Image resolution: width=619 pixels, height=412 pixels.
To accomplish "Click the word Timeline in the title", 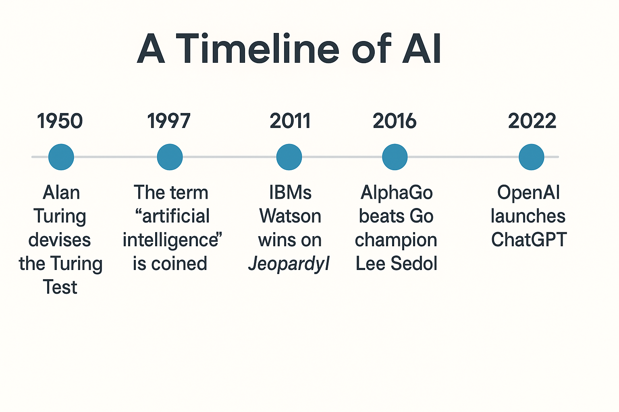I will [258, 49].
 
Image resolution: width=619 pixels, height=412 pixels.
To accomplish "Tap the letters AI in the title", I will [422, 49].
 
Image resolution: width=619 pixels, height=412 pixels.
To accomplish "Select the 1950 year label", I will [60, 121].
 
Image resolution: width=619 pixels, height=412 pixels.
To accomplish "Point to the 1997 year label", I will [169, 121].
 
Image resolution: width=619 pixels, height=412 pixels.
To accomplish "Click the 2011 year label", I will [290, 121].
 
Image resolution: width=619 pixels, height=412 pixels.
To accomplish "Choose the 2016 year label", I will [395, 121].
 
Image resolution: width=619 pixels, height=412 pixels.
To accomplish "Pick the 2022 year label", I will [532, 121].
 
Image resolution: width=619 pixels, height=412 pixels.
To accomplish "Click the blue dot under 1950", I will [61, 157].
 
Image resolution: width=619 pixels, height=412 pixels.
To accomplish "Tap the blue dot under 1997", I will [170, 157].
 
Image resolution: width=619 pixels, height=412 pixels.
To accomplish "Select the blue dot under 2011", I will [289, 157].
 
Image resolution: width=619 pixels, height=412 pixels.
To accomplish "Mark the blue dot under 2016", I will [395, 157].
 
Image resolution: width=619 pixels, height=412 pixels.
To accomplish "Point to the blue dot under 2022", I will [531, 157].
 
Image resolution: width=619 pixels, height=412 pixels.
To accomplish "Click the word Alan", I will [61, 192].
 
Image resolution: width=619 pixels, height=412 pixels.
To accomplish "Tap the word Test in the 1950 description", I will [60, 287].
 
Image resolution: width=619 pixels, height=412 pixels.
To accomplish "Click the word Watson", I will [290, 216].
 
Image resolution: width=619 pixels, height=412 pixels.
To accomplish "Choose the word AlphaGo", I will [397, 192].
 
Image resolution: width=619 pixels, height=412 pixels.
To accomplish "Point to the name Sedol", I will [414, 264].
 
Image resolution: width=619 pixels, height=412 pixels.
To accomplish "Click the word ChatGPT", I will [529, 240].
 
